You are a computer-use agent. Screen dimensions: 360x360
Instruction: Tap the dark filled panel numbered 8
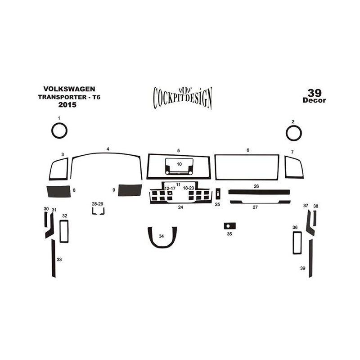[x=59, y=192]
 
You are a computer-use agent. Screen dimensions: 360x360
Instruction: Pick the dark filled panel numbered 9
[x=130, y=190]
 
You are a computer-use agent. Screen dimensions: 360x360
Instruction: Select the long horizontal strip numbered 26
[x=259, y=192]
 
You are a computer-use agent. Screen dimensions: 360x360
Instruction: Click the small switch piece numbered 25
[x=218, y=194]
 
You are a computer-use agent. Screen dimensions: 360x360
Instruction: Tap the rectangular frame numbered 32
[x=60, y=231]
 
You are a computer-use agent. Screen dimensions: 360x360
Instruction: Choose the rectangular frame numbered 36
[x=293, y=243]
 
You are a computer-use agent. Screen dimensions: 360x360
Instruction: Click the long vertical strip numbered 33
[x=54, y=258]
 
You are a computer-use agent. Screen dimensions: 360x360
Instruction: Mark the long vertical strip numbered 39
[x=310, y=258]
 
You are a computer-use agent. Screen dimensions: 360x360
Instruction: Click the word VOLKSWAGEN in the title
[x=69, y=89]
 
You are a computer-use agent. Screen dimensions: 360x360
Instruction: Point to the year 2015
[x=67, y=105]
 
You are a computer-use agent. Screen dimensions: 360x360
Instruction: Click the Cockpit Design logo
[x=183, y=98]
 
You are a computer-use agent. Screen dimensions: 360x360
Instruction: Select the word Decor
[x=314, y=100]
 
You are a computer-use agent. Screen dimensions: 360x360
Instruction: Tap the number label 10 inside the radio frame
[x=179, y=164]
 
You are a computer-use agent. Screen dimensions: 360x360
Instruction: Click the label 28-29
[x=98, y=204]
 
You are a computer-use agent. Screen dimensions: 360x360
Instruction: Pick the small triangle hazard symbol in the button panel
[x=170, y=193]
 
